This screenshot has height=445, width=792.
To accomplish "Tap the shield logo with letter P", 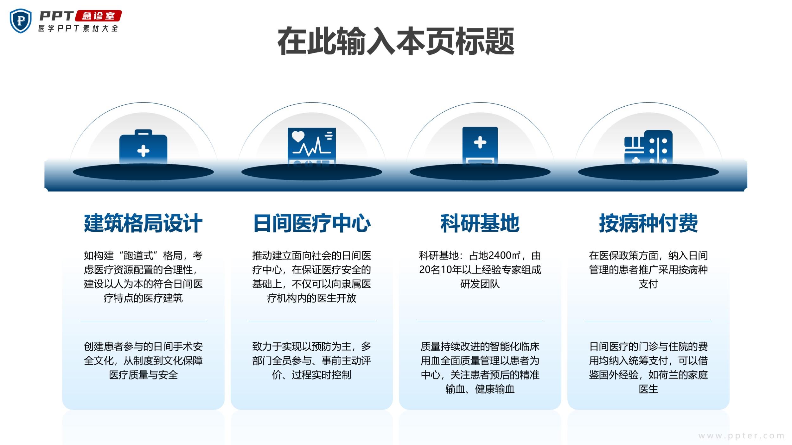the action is coord(21,21).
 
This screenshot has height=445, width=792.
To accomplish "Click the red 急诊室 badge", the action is coord(98,16).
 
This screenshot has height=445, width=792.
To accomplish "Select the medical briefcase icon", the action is coord(143,147).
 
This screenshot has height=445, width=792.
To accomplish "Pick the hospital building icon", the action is coord(648,147).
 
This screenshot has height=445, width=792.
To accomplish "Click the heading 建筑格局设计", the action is coord(143,223).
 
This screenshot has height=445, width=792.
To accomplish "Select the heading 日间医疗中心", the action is coord(312,223).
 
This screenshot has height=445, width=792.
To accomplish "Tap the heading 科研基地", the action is coord(480,223).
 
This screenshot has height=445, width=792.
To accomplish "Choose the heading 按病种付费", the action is coord(648,223).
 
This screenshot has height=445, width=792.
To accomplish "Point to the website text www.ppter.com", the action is coord(741,436).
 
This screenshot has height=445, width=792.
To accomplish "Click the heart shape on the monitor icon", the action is coord(298,136).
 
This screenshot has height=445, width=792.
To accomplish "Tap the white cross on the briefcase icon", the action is coord(143,151).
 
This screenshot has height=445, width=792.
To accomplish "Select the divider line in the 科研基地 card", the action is coord(480,321).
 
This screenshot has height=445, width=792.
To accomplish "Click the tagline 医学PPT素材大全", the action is coord(78,28).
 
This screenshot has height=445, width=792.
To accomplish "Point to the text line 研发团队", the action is coord(480,284).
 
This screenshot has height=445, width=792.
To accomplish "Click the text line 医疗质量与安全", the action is coord(143,375).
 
